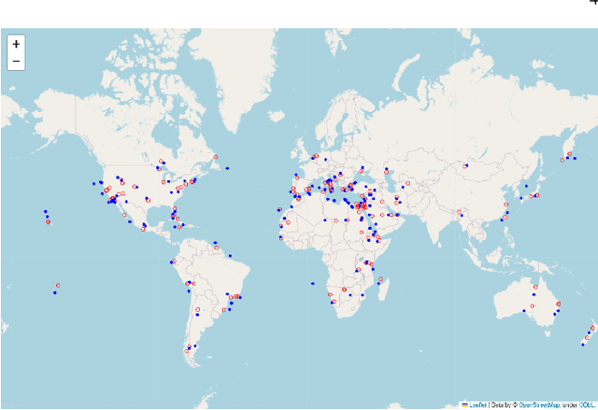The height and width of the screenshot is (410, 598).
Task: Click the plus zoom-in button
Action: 16,44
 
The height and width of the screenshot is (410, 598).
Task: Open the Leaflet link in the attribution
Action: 477,404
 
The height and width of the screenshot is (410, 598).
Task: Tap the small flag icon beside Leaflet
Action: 465,404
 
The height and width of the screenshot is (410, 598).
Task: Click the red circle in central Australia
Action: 532,305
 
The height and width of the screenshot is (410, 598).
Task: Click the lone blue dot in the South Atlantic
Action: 312,283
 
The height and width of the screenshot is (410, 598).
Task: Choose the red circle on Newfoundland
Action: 216,157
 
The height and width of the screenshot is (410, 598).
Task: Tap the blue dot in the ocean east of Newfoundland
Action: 227,168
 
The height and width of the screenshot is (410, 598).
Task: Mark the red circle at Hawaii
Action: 49,220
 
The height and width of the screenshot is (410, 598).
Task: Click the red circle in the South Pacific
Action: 58,285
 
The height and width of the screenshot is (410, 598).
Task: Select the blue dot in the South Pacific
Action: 55,292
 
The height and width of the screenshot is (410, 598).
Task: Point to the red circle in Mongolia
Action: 464,165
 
